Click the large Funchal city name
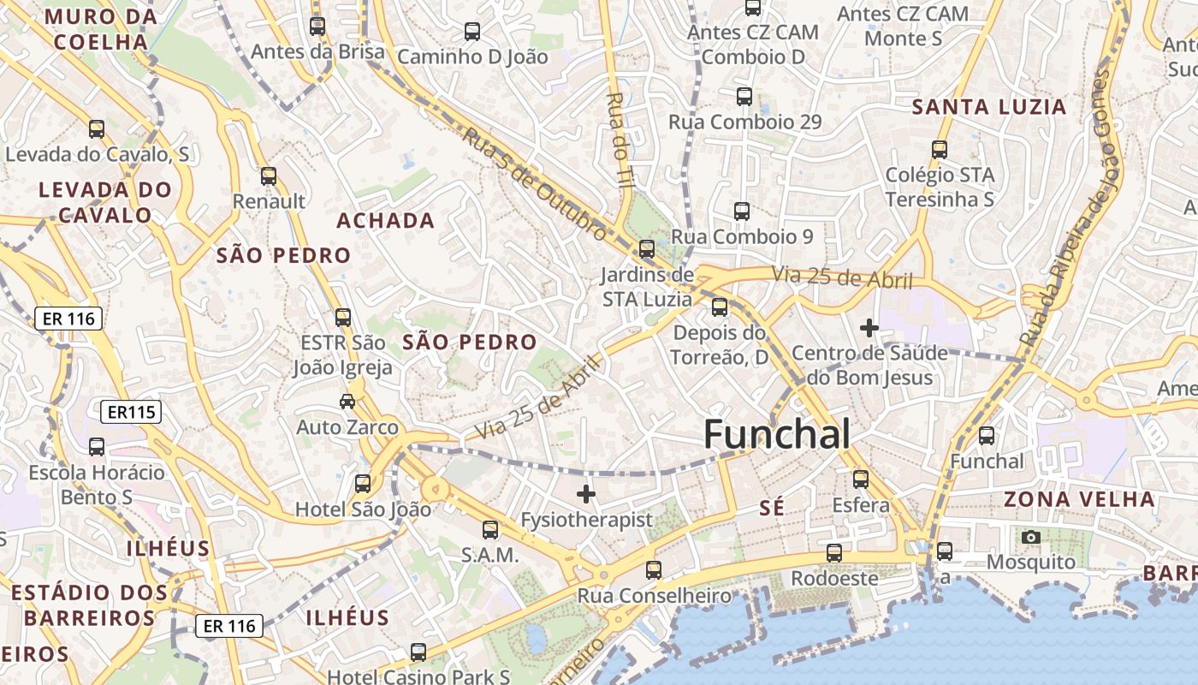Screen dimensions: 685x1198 point(777,435)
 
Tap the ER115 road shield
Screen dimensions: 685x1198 point(131,412)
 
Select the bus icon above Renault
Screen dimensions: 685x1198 point(269,176)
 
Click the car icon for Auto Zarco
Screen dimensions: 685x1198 point(347,401)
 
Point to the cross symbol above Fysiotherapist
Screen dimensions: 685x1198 point(586,493)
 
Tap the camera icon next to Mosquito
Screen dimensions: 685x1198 point(1031,537)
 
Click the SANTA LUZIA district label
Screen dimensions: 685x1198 point(989,107)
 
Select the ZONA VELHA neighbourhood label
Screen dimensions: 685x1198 point(1078,499)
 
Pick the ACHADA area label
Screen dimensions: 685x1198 point(385,221)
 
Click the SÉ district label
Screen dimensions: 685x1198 point(772,509)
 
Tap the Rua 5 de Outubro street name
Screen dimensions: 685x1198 point(535,182)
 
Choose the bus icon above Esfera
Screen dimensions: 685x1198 point(861,479)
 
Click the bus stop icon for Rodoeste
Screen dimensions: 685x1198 point(834,553)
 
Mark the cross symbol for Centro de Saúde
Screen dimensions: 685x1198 point(869,327)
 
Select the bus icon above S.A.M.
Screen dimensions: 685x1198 point(490,530)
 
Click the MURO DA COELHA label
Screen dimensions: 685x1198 point(100,29)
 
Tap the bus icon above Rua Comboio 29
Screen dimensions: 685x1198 point(744,97)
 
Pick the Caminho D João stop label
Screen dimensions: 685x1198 point(472,57)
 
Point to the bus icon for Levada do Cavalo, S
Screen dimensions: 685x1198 point(97,129)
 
